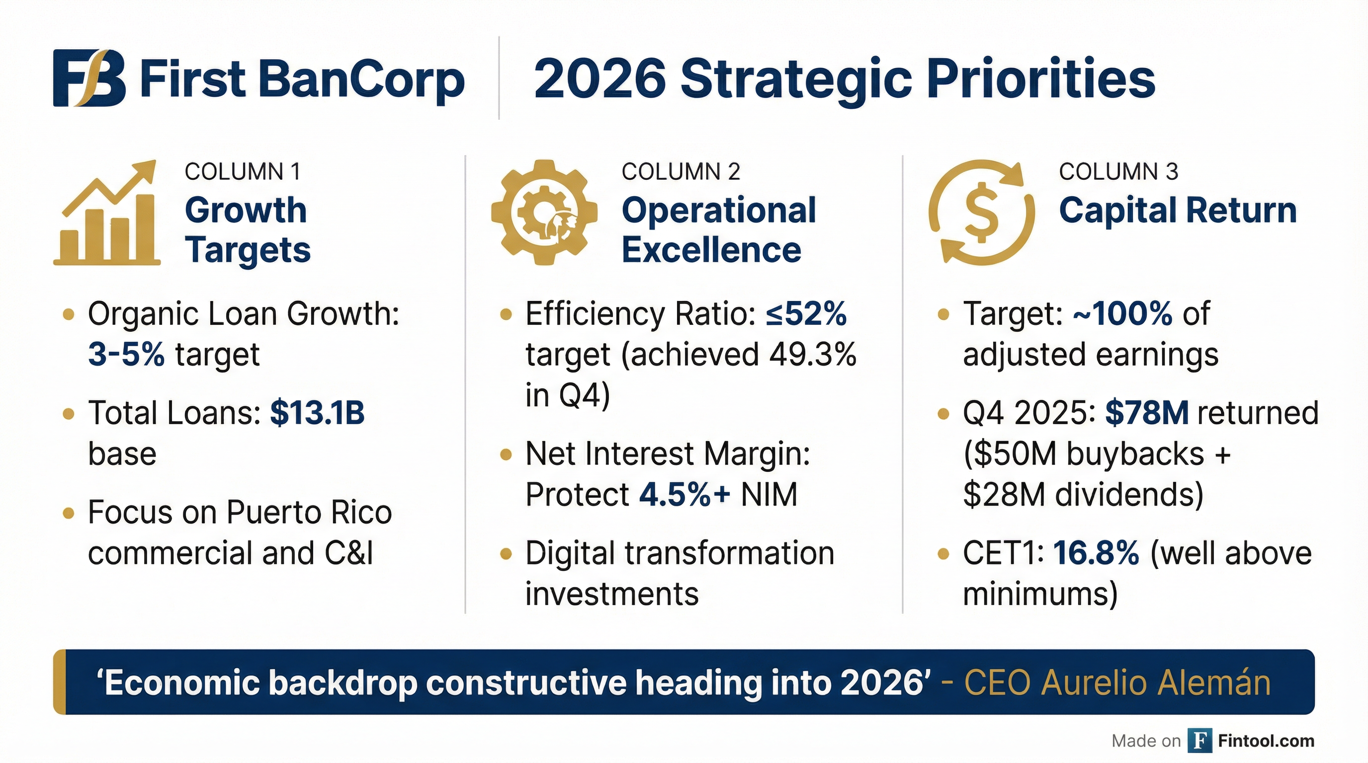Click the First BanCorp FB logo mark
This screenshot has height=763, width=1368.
point(89,78)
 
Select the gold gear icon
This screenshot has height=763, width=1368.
point(544,212)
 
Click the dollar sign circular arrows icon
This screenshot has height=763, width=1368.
point(981,212)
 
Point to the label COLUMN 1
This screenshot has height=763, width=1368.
point(243,172)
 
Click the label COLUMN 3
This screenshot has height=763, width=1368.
point(1118,172)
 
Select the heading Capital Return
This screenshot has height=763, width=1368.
point(1177,210)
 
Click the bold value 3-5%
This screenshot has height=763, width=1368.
point(126,355)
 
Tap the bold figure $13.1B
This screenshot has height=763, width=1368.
point(318,413)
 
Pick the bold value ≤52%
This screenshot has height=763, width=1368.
point(806,313)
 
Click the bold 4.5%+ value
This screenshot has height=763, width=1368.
point(684,495)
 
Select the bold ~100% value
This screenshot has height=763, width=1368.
point(1122,313)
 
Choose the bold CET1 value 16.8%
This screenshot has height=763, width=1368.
point(1096,553)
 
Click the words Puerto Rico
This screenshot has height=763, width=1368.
point(309,513)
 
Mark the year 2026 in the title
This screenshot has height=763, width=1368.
point(599,78)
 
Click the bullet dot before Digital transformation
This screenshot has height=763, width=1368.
point(506,554)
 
